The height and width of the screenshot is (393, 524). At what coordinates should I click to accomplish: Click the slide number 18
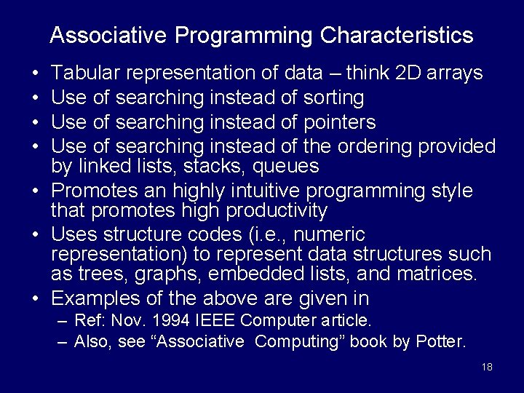pyautogui.click(x=487, y=367)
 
